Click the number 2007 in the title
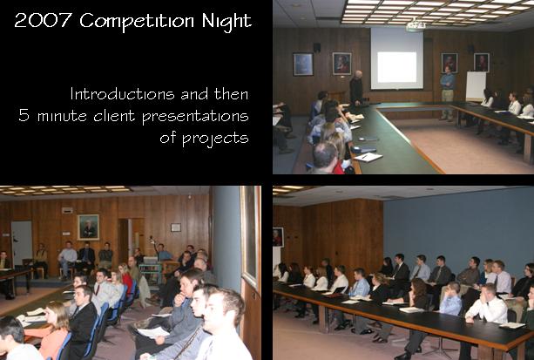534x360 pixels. click(43, 20)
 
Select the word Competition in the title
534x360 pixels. click(138, 21)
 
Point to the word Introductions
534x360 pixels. click(123, 94)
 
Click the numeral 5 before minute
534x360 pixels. click(24, 115)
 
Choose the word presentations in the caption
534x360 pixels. click(195, 117)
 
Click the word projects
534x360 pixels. click(215, 139)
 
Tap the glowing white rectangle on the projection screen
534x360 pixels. click(396, 67)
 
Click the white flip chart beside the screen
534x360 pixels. click(476, 85)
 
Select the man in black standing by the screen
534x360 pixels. click(356, 89)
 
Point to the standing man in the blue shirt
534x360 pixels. click(447, 92)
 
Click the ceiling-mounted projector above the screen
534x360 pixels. click(415, 25)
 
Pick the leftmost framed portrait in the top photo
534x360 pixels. click(303, 65)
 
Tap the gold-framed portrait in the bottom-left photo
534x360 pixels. click(88, 227)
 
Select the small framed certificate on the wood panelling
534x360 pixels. click(176, 228)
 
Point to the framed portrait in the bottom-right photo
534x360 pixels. click(278, 237)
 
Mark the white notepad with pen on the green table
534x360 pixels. click(368, 157)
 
